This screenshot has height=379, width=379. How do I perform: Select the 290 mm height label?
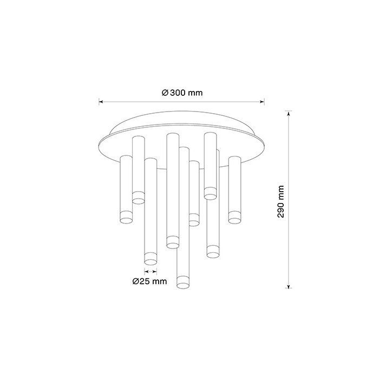tap(280, 201)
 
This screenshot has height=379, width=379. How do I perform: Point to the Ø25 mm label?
tap(150, 282)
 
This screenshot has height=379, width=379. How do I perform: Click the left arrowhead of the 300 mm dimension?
tap(101, 101)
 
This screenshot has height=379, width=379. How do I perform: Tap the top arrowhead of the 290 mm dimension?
tap(288, 114)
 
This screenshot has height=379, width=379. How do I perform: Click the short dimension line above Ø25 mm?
tap(151, 270)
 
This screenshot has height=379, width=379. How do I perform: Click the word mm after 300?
tap(195, 93)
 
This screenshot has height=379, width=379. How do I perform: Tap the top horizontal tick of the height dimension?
tap(288, 112)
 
